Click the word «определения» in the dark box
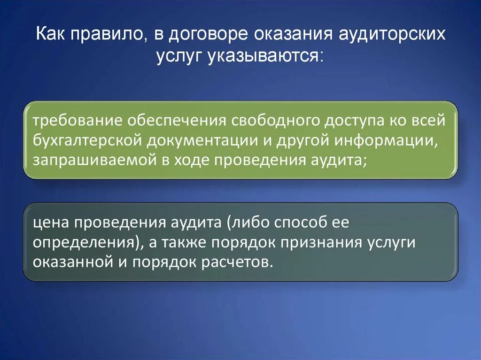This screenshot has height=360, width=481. pos(83,242)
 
